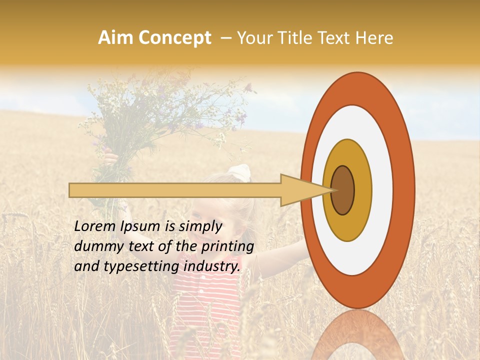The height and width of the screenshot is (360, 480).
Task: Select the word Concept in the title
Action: pyautogui.click(x=174, y=38)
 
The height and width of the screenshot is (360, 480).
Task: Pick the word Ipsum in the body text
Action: pyautogui.click(x=139, y=226)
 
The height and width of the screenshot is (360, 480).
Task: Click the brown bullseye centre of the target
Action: pyautogui.click(x=342, y=190)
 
